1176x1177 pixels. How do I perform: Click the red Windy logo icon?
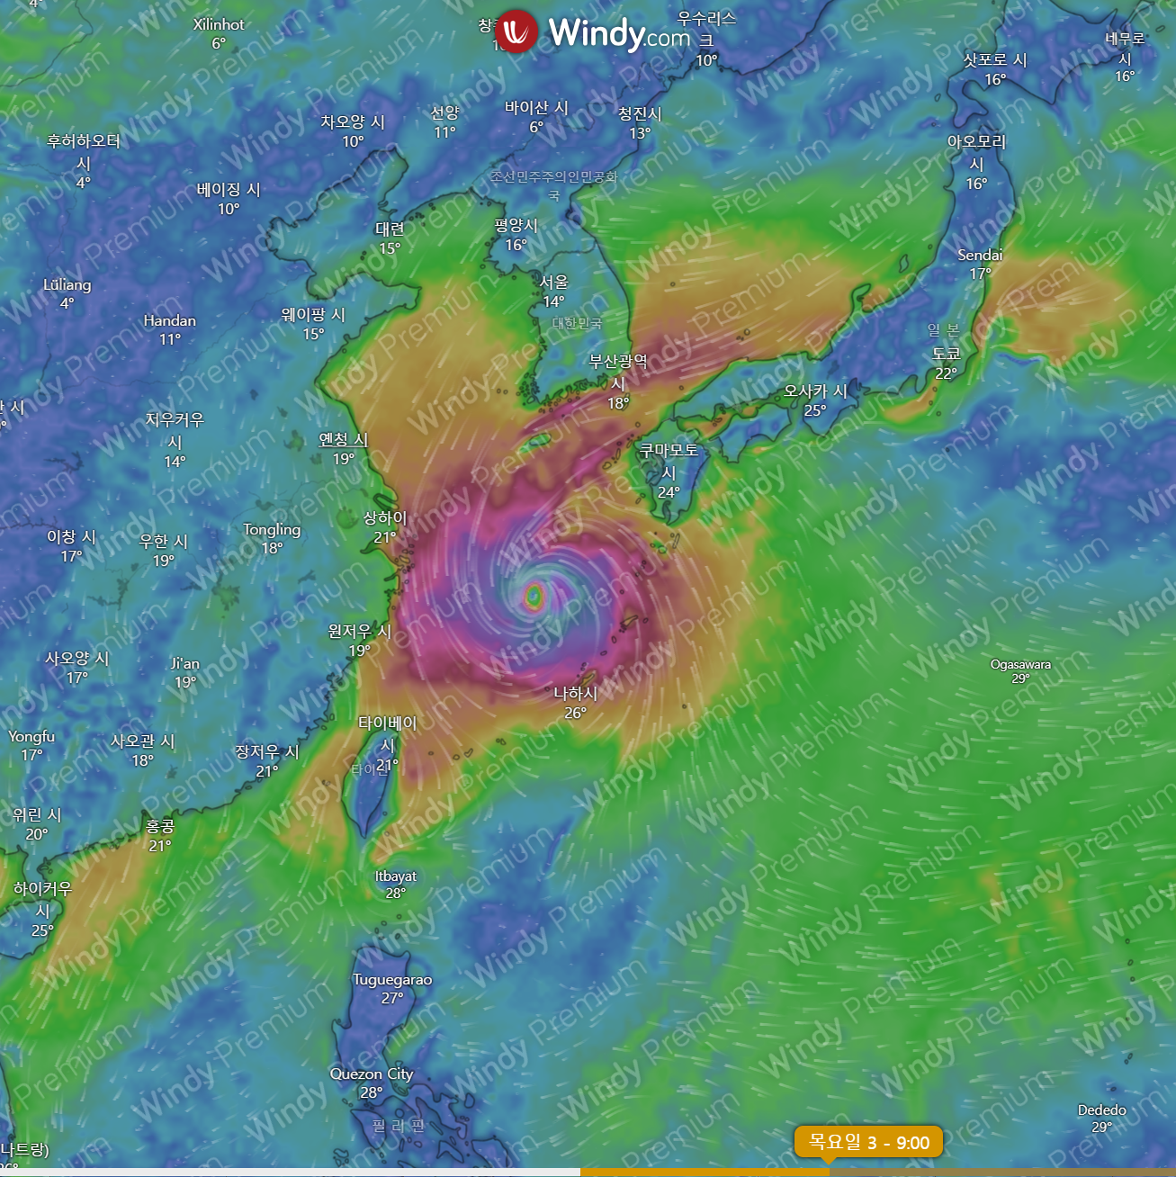[x=516, y=32]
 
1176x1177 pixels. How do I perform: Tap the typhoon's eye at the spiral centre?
[x=534, y=595]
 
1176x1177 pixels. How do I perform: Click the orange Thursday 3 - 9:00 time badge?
[x=868, y=1142]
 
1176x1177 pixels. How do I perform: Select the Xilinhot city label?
[x=219, y=25]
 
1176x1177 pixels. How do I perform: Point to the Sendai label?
[x=980, y=256]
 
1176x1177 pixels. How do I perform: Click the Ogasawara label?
[x=1020, y=665]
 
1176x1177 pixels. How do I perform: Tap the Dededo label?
[x=1101, y=1110]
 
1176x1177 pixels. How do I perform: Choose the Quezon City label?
[x=371, y=1074]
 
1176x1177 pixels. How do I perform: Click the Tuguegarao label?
[x=391, y=979]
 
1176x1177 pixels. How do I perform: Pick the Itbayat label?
[x=395, y=876]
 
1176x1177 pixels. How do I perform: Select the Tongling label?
[x=272, y=529]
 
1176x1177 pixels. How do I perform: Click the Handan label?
[x=169, y=320]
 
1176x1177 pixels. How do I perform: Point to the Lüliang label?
[x=67, y=284]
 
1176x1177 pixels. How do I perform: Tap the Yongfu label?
[x=31, y=736]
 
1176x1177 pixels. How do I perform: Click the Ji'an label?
[x=184, y=663]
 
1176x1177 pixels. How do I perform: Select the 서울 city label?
[x=553, y=283]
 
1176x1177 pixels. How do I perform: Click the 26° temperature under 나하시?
[x=575, y=713]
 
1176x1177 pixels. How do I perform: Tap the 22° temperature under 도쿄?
[x=946, y=373]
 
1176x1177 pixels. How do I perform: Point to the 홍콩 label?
[x=160, y=826]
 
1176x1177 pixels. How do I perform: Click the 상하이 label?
[x=385, y=518]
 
